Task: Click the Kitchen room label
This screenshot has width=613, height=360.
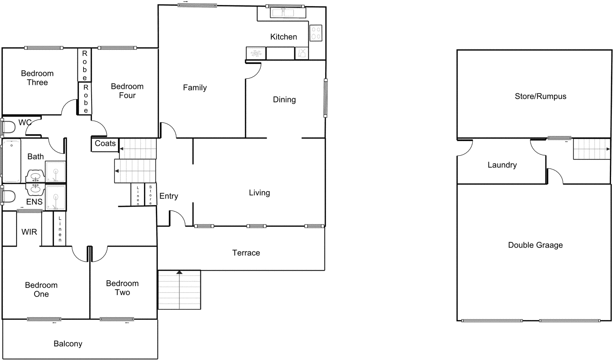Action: click(284, 37)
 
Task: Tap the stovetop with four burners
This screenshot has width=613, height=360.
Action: click(316, 33)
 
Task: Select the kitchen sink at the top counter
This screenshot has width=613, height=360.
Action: click(288, 13)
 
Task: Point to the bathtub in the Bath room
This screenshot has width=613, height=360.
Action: click(11, 161)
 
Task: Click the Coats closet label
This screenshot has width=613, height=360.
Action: click(105, 143)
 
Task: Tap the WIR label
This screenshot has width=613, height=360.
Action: click(29, 232)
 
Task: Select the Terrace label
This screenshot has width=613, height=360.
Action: click(246, 253)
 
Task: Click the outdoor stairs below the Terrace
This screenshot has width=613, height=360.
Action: click(179, 290)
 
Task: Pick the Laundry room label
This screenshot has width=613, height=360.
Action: click(502, 165)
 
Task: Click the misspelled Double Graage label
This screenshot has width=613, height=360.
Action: click(535, 245)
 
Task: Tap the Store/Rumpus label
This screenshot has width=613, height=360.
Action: click(540, 96)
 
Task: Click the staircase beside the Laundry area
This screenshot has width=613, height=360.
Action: click(592, 149)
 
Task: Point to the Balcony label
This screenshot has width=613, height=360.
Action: click(68, 344)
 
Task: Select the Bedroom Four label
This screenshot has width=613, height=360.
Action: click(127, 91)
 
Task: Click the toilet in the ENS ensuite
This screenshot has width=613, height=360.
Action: click(8, 197)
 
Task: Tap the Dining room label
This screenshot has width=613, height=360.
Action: click(284, 100)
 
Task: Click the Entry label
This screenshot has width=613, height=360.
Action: click(169, 196)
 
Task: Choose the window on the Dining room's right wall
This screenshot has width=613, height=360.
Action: click(325, 98)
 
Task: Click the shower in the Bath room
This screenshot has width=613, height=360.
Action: click(56, 171)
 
